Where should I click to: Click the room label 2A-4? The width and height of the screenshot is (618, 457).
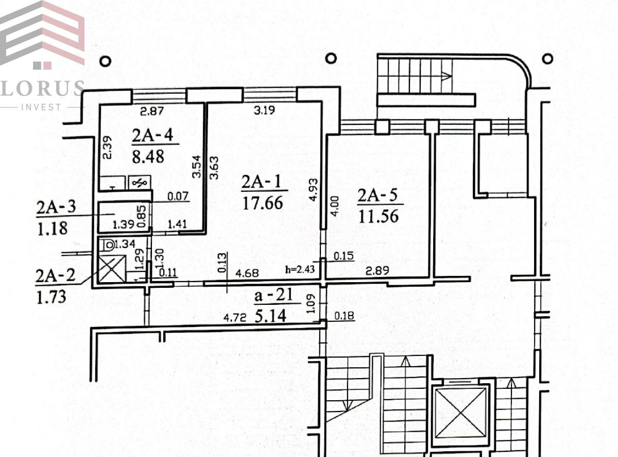coord(152,135)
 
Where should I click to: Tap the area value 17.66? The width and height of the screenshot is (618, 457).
coord(263,203)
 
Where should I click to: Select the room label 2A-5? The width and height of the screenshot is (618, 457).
coord(377,195)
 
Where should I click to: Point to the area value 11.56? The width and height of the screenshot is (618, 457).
coord(379,216)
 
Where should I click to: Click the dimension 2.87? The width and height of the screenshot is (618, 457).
coord(151,111)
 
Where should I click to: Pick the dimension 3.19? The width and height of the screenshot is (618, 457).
coord(264,110)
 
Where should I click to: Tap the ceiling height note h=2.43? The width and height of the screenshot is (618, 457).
coord(300,269)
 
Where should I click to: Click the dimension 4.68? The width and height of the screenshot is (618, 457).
coord(247,273)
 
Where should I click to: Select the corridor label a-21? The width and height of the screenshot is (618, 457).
coord(273,295)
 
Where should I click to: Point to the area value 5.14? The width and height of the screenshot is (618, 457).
coord(270,316)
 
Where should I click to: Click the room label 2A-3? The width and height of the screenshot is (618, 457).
coord(56,207)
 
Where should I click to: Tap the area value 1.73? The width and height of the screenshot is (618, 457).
coord(51,297)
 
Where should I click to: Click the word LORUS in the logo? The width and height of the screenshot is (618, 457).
coord(42,88)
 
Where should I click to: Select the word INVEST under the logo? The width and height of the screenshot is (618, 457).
coord(41,107)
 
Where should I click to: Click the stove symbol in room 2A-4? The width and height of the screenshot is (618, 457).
coord(140,183)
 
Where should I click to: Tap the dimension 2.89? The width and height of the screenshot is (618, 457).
coord(377,270)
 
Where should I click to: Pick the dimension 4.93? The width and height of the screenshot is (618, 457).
coord(314,190)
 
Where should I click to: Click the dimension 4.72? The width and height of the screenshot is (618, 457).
coord(235,317)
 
